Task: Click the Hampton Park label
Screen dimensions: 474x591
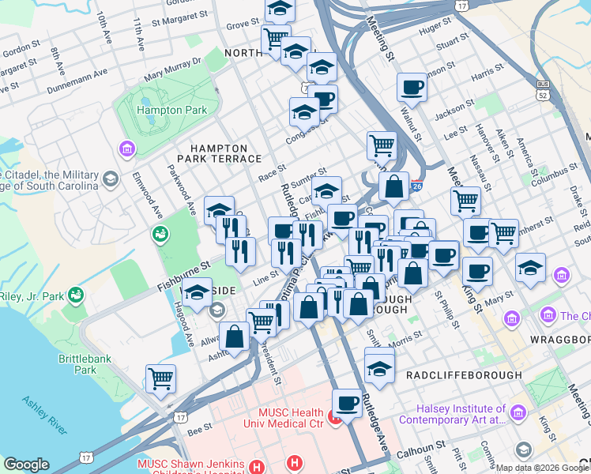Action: [x=171, y=111]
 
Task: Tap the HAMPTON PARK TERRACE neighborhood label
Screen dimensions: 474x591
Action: [x=219, y=154]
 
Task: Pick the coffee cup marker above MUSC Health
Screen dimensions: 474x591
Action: [x=346, y=403]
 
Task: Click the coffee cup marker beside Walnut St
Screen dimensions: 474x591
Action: [x=411, y=87]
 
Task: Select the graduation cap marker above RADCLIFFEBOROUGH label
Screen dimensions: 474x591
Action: [x=380, y=367]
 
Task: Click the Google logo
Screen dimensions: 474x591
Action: [x=27, y=465]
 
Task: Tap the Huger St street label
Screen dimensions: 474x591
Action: [x=435, y=28]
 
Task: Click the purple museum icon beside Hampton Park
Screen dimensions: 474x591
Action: [x=126, y=149]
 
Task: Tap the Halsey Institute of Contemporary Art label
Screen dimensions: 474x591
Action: [x=462, y=414]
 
